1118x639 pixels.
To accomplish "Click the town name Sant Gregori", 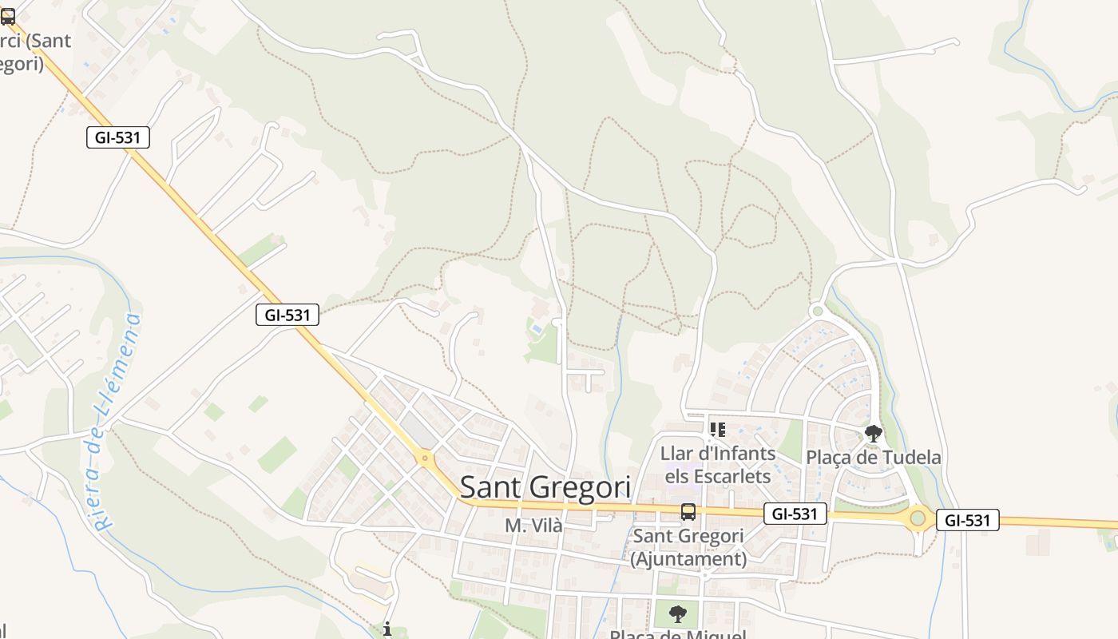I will pyautogui.click(x=545, y=486).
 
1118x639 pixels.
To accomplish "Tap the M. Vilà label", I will pyautogui.click(x=533, y=526).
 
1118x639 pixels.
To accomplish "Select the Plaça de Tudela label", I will pyautogui.click(x=873, y=458).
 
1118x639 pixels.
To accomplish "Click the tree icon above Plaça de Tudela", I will pyautogui.click(x=874, y=434).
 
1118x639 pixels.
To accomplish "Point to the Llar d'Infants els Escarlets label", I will pyautogui.click(x=717, y=465).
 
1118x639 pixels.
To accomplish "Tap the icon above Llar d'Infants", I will pyautogui.click(x=717, y=430).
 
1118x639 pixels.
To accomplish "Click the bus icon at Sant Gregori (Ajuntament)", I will pyautogui.click(x=688, y=512).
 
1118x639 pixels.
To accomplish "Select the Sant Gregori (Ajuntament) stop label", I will pyautogui.click(x=688, y=547).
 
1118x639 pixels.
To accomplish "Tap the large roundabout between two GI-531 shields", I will pyautogui.click(x=918, y=518).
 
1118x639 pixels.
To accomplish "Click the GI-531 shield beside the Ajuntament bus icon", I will pyautogui.click(x=795, y=514).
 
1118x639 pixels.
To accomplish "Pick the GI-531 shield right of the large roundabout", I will pyautogui.click(x=967, y=520).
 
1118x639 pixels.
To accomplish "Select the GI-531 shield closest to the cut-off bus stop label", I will pyautogui.click(x=117, y=137).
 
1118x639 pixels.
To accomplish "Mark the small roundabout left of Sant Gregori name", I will pyautogui.click(x=425, y=458).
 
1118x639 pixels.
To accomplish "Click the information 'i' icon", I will pyautogui.click(x=387, y=629).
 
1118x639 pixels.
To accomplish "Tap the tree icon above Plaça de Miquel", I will pyautogui.click(x=677, y=614).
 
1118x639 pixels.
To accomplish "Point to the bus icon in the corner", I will pyautogui.click(x=7, y=16).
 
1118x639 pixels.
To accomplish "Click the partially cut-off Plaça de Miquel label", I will pyautogui.click(x=677, y=634).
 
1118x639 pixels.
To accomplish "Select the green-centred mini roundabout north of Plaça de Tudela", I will pyautogui.click(x=816, y=311).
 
